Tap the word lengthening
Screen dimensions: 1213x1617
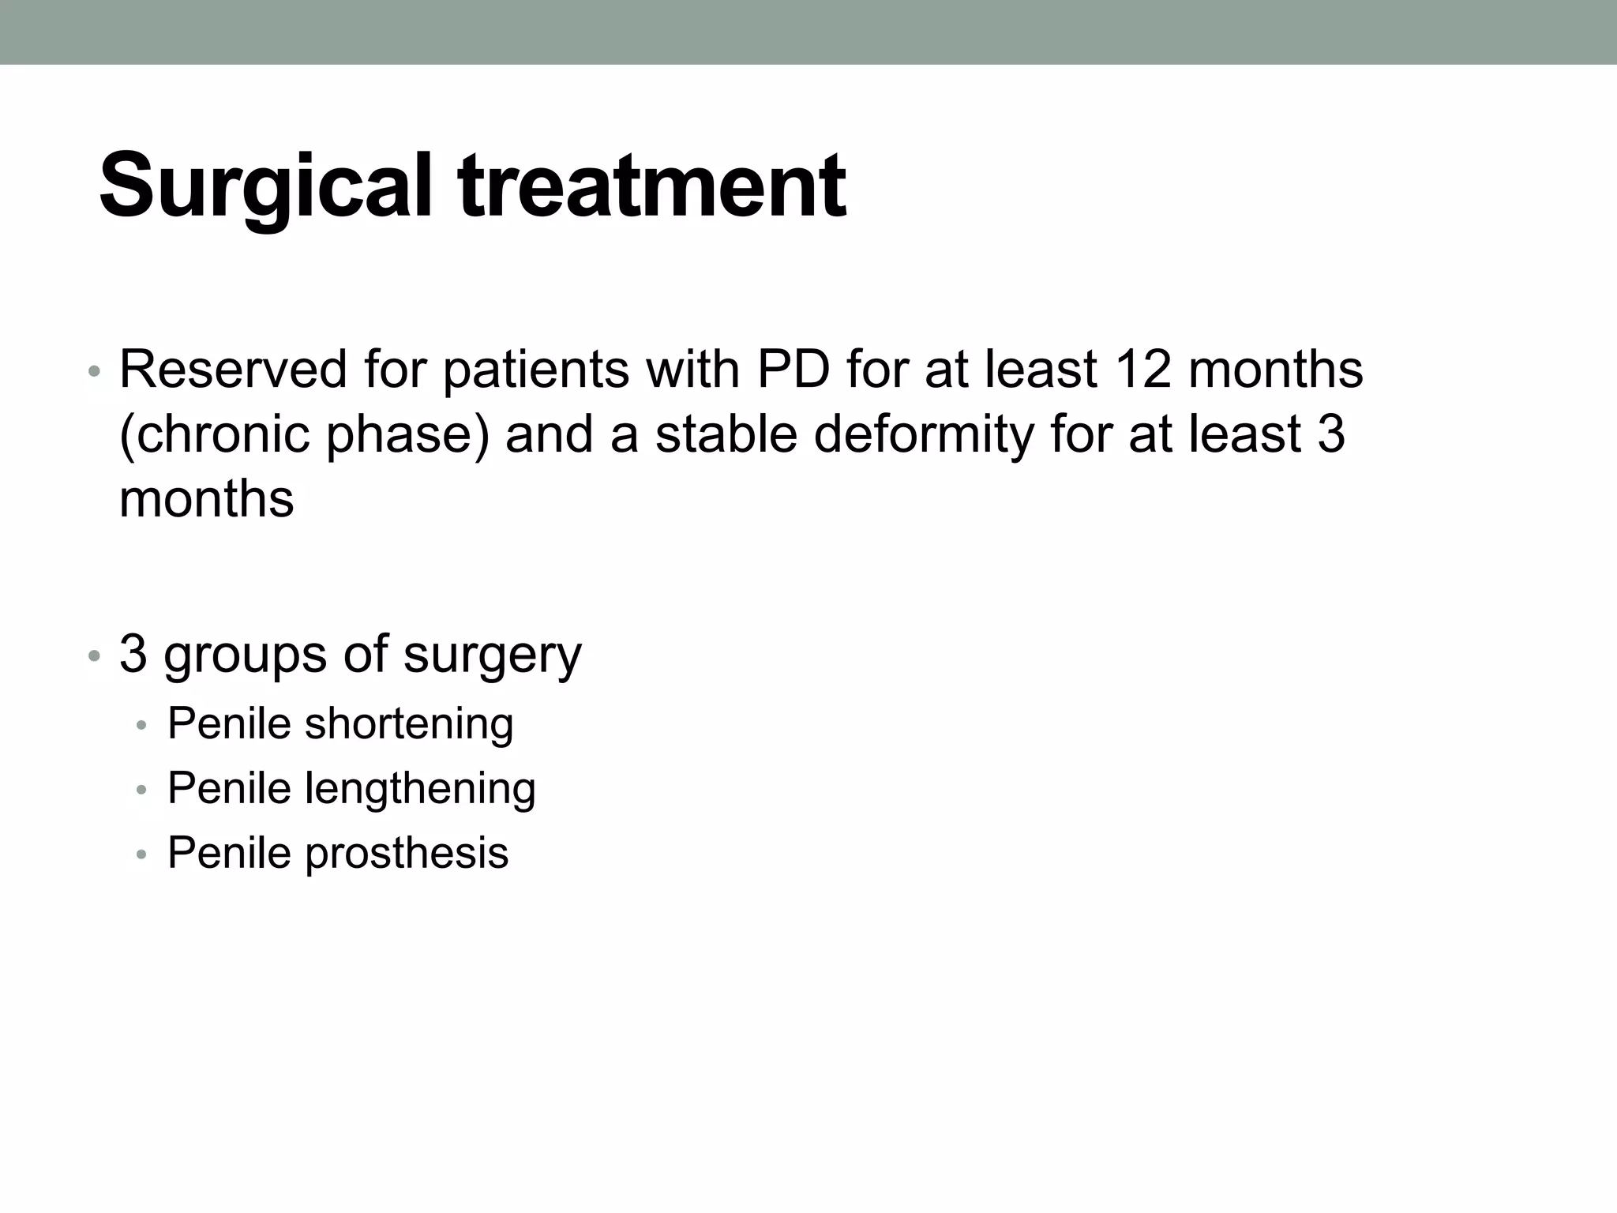(x=420, y=789)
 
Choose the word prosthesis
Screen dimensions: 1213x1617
(x=407, y=854)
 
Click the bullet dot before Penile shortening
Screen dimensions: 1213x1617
(x=141, y=725)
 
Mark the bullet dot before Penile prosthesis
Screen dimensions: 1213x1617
(x=141, y=854)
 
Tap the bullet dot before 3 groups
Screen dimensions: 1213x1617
(x=94, y=655)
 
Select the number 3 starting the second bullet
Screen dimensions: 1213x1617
(x=133, y=654)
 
